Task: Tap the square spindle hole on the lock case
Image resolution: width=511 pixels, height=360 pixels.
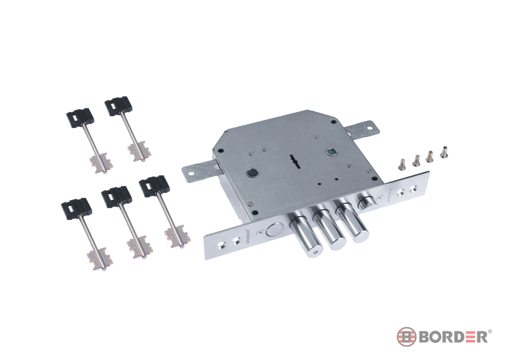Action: click(330, 151)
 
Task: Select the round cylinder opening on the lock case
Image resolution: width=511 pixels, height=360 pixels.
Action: click(252, 173)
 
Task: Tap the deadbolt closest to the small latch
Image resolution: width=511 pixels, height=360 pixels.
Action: click(353, 220)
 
